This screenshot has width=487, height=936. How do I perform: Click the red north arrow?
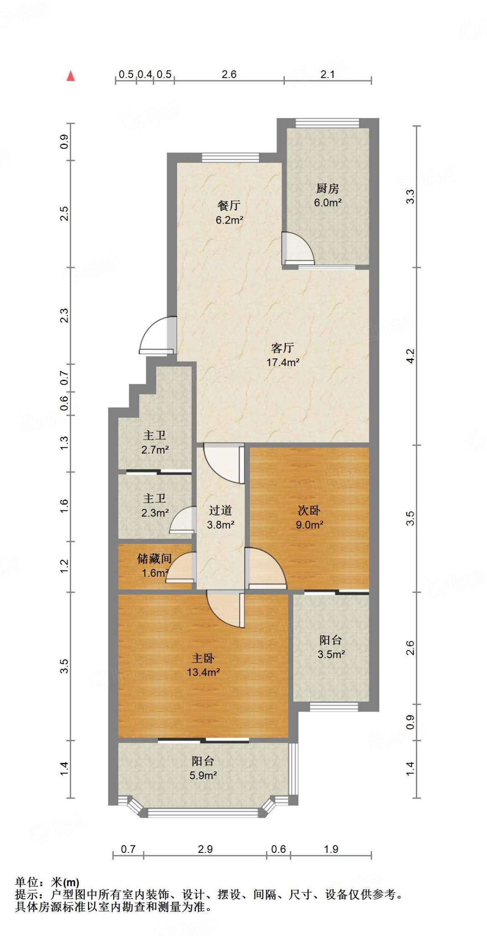(x=71, y=76)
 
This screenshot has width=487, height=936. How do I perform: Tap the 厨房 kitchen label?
(x=327, y=188)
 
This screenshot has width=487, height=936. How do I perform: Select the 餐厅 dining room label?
(x=229, y=206)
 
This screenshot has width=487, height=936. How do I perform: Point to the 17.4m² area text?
(x=283, y=362)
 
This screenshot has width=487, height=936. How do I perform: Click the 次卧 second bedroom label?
(x=309, y=511)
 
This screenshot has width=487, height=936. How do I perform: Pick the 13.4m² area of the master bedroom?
(x=203, y=672)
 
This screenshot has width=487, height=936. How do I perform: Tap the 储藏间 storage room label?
(x=155, y=558)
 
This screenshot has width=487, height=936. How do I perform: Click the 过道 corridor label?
(x=220, y=510)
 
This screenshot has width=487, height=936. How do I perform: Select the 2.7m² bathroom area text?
(x=155, y=450)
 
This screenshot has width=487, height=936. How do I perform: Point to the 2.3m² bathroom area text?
(x=155, y=513)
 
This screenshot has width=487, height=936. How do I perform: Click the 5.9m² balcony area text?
(x=203, y=775)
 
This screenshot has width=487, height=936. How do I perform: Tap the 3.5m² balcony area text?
(x=331, y=654)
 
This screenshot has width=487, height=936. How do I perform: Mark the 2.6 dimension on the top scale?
(x=229, y=74)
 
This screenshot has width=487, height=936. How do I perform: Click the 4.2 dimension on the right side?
(x=410, y=356)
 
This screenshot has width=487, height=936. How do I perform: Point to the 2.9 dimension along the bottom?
(x=205, y=849)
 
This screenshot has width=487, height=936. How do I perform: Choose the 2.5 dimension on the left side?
(x=64, y=213)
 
